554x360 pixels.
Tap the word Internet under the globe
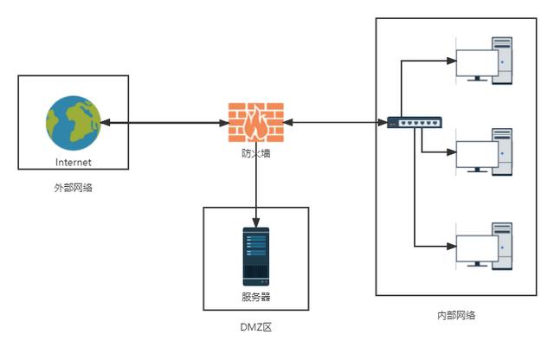(x=73, y=162)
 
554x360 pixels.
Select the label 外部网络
(x=73, y=187)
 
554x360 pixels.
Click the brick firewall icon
(x=255, y=123)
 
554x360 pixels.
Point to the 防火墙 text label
(x=255, y=153)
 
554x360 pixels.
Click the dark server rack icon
(x=255, y=256)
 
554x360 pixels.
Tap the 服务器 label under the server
(x=255, y=297)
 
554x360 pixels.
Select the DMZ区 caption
(x=255, y=327)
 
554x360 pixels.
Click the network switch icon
(x=415, y=123)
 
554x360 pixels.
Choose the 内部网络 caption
(x=455, y=316)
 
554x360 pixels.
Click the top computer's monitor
(x=476, y=62)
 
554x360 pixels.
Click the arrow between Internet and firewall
(x=164, y=123)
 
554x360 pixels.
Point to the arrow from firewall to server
(x=255, y=190)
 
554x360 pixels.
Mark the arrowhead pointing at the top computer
(x=451, y=61)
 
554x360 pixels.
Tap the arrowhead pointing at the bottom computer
(x=451, y=246)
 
